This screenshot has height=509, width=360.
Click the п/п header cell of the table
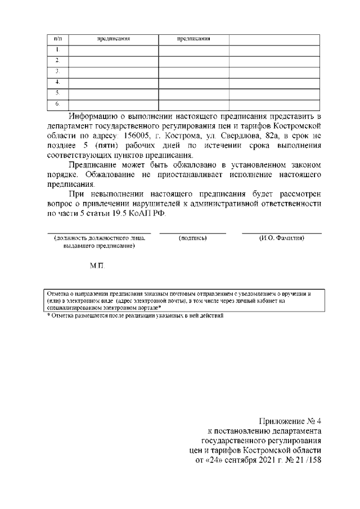(57, 39)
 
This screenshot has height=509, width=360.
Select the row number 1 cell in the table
(57, 50)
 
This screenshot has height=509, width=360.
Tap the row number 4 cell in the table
(57, 82)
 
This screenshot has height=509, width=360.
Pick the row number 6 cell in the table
(57, 104)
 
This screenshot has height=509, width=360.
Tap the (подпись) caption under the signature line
(192, 238)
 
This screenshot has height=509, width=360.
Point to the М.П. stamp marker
(97, 265)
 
